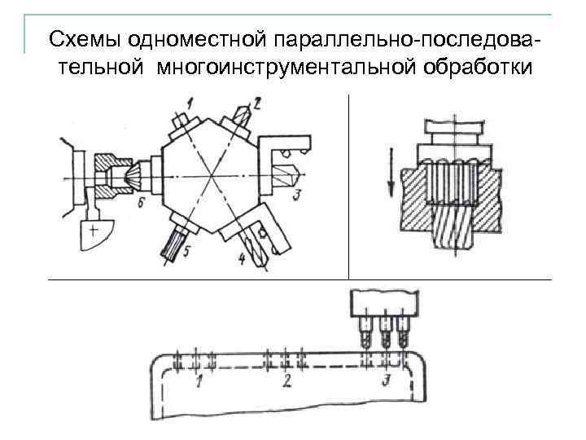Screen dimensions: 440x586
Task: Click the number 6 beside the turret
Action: [141, 202]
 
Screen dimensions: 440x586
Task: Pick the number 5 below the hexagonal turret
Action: [186, 252]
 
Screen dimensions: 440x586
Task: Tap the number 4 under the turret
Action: [242, 258]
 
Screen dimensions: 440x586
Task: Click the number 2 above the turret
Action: [257, 103]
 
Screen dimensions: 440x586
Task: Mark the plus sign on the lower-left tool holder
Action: [94, 231]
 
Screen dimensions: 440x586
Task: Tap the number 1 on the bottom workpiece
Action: [198, 381]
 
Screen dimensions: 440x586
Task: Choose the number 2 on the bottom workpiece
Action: [286, 381]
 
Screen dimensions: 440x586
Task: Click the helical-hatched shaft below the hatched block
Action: [450, 227]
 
